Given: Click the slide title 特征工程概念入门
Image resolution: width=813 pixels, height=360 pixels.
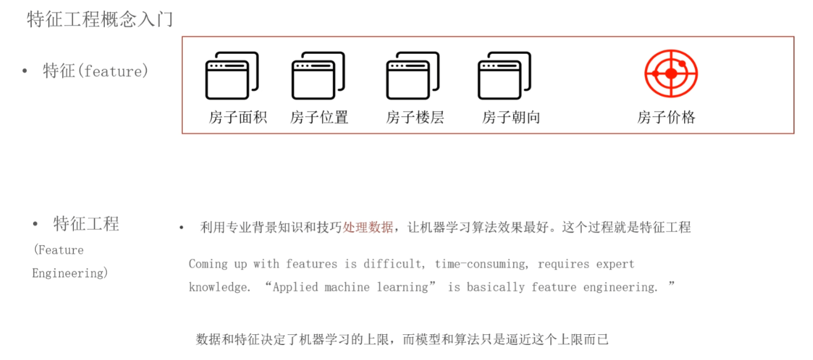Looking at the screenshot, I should (x=100, y=20).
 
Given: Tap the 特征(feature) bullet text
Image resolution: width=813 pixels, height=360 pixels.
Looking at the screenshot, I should (x=95, y=71).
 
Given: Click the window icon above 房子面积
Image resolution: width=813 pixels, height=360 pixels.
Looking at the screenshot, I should (x=232, y=76).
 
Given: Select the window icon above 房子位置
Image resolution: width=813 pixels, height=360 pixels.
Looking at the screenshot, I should (x=318, y=76).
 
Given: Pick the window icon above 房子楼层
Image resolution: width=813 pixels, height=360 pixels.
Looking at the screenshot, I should (x=413, y=76).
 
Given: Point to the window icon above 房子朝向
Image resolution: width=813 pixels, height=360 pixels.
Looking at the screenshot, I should (x=504, y=76).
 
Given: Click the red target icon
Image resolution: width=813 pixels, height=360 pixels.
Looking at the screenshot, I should (x=671, y=73).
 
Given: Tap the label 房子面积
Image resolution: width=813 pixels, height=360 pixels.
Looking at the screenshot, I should (x=238, y=117).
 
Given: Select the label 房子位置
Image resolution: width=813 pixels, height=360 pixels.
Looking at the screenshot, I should (x=319, y=117).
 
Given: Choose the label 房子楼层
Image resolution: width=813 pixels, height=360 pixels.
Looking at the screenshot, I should (x=415, y=117).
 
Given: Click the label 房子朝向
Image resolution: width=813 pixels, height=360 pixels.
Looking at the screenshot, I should (x=511, y=117).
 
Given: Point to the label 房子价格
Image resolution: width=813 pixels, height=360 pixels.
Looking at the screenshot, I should (x=666, y=117).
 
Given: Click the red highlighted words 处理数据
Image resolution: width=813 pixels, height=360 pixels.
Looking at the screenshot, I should (x=368, y=227).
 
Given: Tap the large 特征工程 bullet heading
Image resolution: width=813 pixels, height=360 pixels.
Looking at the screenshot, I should (x=86, y=224).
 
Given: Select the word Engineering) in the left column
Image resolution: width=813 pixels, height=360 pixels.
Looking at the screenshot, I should (x=70, y=273).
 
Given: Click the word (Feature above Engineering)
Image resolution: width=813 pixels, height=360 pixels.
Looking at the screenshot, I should (x=58, y=250).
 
